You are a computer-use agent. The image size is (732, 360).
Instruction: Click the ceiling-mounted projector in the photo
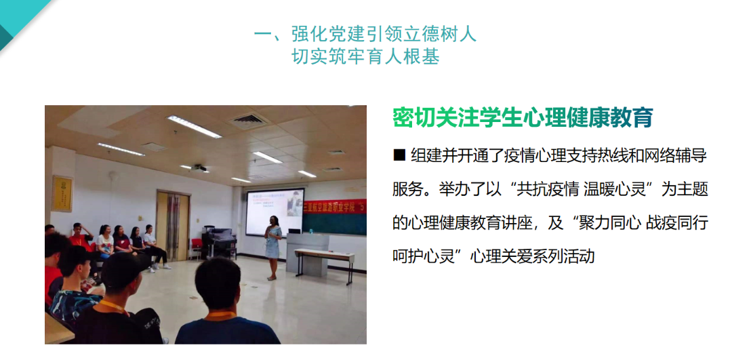coord(200,167)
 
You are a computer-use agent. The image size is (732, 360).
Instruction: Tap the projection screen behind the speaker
coord(274,212)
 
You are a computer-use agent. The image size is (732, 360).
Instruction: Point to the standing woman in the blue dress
coord(272,248)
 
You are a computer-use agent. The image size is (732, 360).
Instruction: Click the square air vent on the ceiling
coord(249,121)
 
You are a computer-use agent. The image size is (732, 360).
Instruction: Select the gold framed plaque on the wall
coord(62,193)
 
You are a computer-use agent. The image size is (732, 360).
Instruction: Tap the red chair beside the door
coord(197,247)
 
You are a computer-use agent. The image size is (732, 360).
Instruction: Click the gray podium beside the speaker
coord(304,253)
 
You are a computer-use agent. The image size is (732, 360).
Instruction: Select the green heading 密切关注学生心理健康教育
coord(523,117)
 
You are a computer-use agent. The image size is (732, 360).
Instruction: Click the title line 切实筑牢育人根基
coord(365,56)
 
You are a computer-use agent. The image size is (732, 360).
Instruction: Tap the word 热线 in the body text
coord(597,155)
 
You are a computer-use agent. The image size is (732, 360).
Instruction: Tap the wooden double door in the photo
coord(174,226)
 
